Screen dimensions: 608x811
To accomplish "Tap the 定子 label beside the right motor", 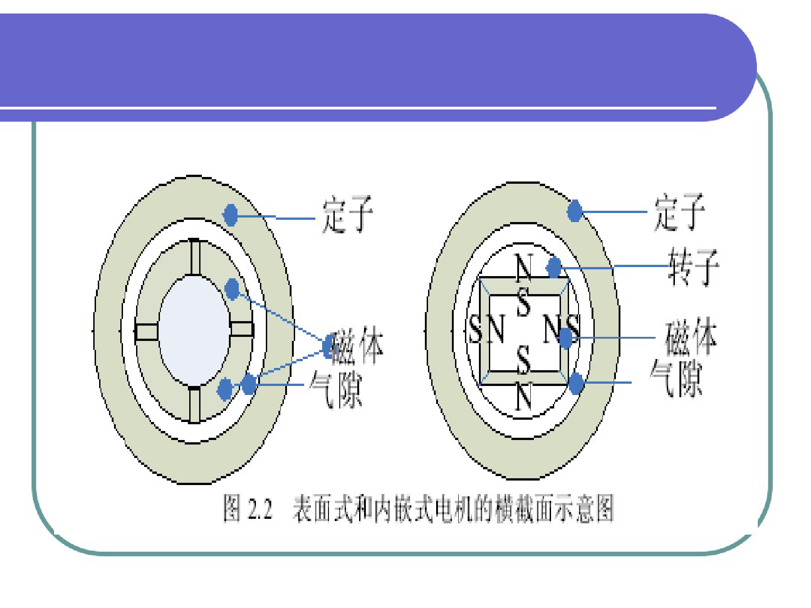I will point(679,212).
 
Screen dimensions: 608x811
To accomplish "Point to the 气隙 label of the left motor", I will point(336,389).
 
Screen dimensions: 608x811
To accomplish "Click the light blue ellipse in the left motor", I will point(195,331).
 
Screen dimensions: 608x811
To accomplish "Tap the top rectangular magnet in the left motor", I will point(195,257).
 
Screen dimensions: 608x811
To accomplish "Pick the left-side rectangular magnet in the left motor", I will point(146,331).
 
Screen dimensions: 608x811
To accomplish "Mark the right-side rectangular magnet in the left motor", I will point(241,329).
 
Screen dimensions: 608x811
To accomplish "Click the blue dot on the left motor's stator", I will point(230,215).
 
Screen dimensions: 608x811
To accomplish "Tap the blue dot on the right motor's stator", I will point(574,211).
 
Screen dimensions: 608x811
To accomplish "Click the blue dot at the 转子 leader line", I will point(554,267).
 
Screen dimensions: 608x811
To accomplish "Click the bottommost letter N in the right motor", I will point(524,396).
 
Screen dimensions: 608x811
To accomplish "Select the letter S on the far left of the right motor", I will point(476,329).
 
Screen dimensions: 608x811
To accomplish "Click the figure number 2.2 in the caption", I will point(260,509).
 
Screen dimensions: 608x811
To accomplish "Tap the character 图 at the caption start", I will point(232,508).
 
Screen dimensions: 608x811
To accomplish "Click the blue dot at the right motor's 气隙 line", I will point(576,383).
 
